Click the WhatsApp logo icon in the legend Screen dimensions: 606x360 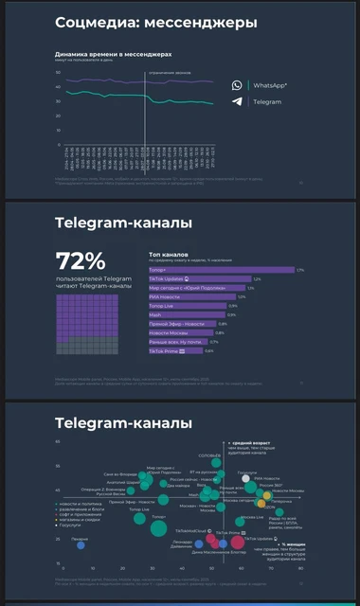(x=237, y=85)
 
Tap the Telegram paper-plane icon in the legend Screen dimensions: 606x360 (x=237, y=101)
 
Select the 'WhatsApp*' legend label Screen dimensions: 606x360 (x=270, y=85)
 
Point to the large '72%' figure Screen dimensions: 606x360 (x=81, y=260)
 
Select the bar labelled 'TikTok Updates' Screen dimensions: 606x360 (x=199, y=279)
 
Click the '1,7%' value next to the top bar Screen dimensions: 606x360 (x=300, y=270)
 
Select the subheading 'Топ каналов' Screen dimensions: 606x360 (x=169, y=254)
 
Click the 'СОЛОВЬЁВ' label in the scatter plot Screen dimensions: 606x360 (x=209, y=456)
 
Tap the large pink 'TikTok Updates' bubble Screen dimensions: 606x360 (x=238, y=543)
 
